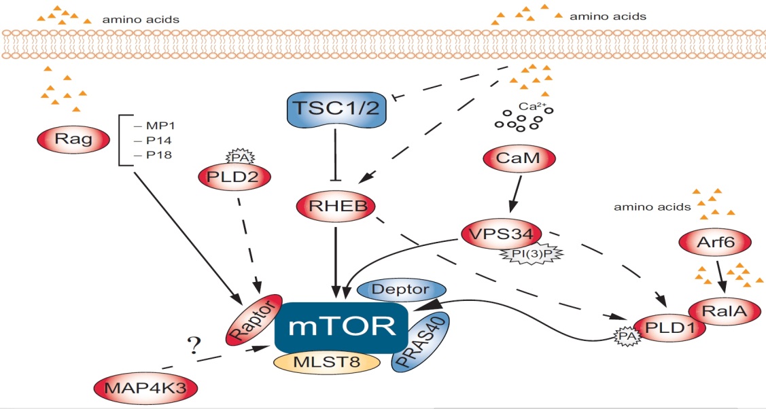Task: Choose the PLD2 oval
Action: (234, 177)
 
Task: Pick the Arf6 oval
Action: (714, 240)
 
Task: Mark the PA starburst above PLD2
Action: (236, 156)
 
